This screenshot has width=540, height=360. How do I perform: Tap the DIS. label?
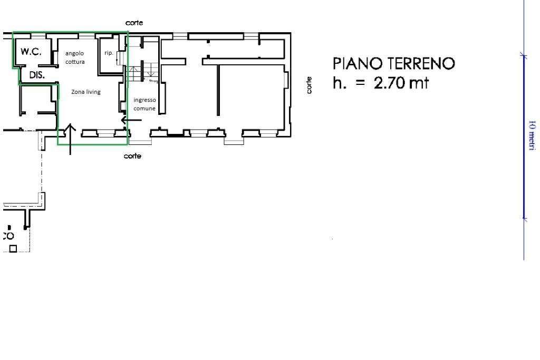coord(37,75)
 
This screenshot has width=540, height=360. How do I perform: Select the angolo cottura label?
coord(74,57)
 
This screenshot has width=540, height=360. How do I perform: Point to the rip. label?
coord(109,53)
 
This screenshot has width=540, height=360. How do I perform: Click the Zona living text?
coord(86,92)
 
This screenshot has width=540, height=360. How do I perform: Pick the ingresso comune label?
coord(144,104)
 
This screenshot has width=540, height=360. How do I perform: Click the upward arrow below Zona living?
coord(71,139)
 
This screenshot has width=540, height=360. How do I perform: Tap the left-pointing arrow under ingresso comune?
coord(131,120)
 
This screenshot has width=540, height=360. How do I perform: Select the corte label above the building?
coord(134,23)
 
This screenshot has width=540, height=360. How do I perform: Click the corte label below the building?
coord(132,156)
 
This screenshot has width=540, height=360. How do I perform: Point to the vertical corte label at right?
coord(309,85)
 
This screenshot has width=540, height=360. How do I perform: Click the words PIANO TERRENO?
coord(393,64)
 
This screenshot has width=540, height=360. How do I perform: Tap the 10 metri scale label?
coord(532,135)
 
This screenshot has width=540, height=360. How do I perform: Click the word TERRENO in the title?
coord(421,64)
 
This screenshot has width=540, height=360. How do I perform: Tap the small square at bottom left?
coord(13,248)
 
